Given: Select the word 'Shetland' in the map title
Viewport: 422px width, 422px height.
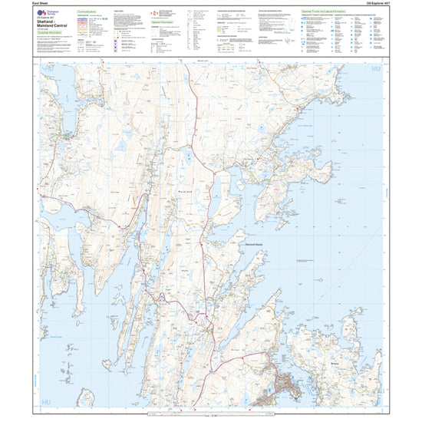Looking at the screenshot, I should pos(48,27).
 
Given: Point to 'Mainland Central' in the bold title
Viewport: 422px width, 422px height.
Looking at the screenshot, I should pos(54,31).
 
